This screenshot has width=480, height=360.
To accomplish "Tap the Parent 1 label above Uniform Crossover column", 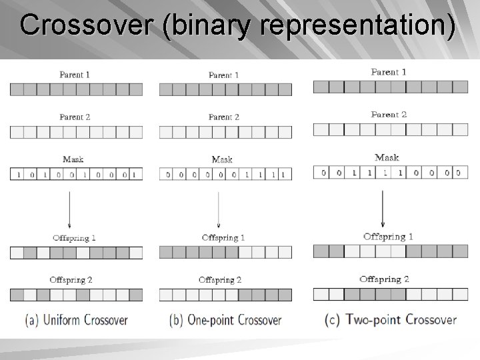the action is point(74,75).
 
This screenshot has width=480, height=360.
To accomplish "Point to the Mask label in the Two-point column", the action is point(387,158).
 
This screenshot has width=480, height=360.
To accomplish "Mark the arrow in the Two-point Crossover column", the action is point(382,207).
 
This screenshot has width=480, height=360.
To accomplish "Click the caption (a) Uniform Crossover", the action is point(76,320).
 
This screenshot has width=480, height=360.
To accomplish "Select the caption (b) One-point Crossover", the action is point(225,320).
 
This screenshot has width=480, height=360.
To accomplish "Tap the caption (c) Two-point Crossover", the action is point(391,319).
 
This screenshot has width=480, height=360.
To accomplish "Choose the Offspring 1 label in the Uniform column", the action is point(74,238).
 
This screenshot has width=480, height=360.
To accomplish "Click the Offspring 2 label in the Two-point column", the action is point(384,279).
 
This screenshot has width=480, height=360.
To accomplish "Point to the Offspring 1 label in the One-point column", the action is point(223,238).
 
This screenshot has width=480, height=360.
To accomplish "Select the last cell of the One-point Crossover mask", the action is point(285,175).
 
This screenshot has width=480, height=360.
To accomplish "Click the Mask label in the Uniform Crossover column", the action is point(73,159).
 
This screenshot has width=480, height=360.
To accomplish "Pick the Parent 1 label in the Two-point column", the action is point(388,72).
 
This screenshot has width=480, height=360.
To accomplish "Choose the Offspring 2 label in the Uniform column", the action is point(71,280).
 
